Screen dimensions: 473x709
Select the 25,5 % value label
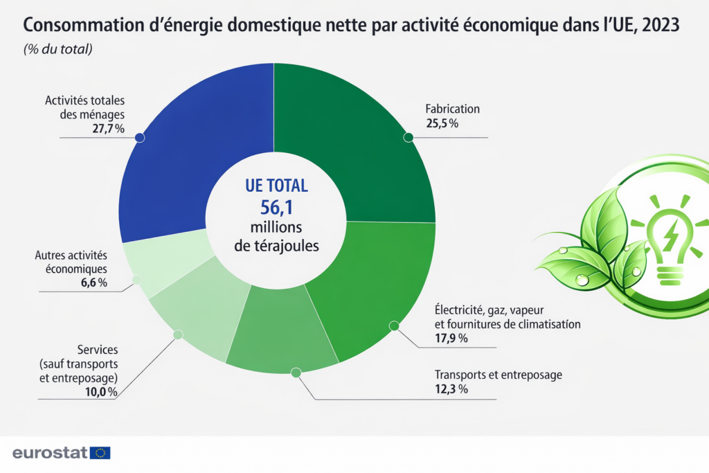pos(442,123)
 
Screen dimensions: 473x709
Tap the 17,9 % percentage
pos(451,338)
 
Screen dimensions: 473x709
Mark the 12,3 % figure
pos(451,389)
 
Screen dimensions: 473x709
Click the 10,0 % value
pos(100,392)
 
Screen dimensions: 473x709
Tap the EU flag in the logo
pos(101,453)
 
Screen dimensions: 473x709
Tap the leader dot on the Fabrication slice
pos(409,137)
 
